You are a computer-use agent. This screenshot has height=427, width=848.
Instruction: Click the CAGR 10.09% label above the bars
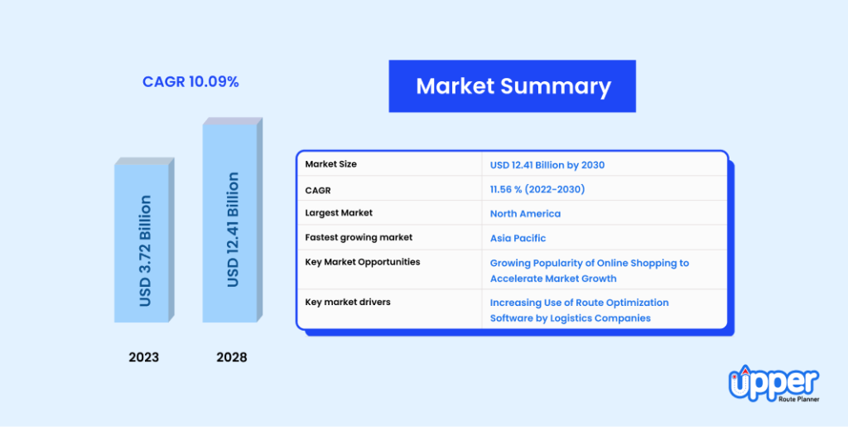[x=190, y=83]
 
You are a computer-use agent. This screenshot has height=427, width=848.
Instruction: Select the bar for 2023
[x=143, y=243]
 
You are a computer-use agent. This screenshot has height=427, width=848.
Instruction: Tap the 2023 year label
[x=143, y=357]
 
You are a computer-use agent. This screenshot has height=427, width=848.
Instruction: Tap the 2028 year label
[x=231, y=357]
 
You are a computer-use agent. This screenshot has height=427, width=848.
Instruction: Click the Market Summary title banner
[x=512, y=86]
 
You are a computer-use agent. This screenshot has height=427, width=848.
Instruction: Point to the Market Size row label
[x=330, y=164]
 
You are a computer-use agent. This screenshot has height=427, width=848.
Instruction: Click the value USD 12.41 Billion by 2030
[x=547, y=165]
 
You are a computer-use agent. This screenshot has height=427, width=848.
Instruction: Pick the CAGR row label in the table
[x=318, y=190]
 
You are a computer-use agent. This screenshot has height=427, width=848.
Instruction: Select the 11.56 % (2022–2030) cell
[x=537, y=189]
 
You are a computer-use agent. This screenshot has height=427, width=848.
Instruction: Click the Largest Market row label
[x=339, y=213]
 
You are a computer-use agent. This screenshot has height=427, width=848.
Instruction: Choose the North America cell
[x=525, y=213]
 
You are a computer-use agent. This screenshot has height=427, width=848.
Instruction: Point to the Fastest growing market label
[x=359, y=237]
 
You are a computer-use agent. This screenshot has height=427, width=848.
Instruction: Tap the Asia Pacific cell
[x=518, y=238]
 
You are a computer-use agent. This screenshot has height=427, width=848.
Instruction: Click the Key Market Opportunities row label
[x=362, y=262]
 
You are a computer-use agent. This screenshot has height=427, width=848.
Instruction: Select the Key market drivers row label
[x=347, y=302]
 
